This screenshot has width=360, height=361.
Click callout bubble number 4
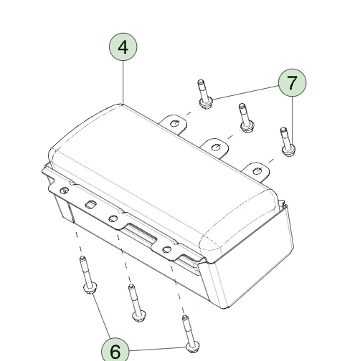123,47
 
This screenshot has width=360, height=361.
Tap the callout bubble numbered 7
292,82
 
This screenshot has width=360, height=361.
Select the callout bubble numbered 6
115,350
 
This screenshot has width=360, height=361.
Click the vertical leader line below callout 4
123,82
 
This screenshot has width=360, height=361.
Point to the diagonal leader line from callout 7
245,92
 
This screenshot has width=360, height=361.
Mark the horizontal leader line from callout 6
158,349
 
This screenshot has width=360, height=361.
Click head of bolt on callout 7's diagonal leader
206,103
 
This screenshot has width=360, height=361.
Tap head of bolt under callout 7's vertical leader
288,150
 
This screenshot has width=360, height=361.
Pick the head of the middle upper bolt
247,126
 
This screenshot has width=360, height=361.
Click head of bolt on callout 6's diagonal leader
90,288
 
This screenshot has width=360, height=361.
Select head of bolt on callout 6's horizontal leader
192,347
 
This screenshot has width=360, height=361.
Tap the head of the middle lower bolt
139,316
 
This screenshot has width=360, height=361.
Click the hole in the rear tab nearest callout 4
175,123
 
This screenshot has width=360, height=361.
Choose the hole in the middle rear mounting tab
217,147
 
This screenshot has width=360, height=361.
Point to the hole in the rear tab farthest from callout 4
257,171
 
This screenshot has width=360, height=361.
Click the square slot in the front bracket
91,204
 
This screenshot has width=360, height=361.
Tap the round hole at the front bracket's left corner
65,191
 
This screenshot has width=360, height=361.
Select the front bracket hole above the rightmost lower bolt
167,249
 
